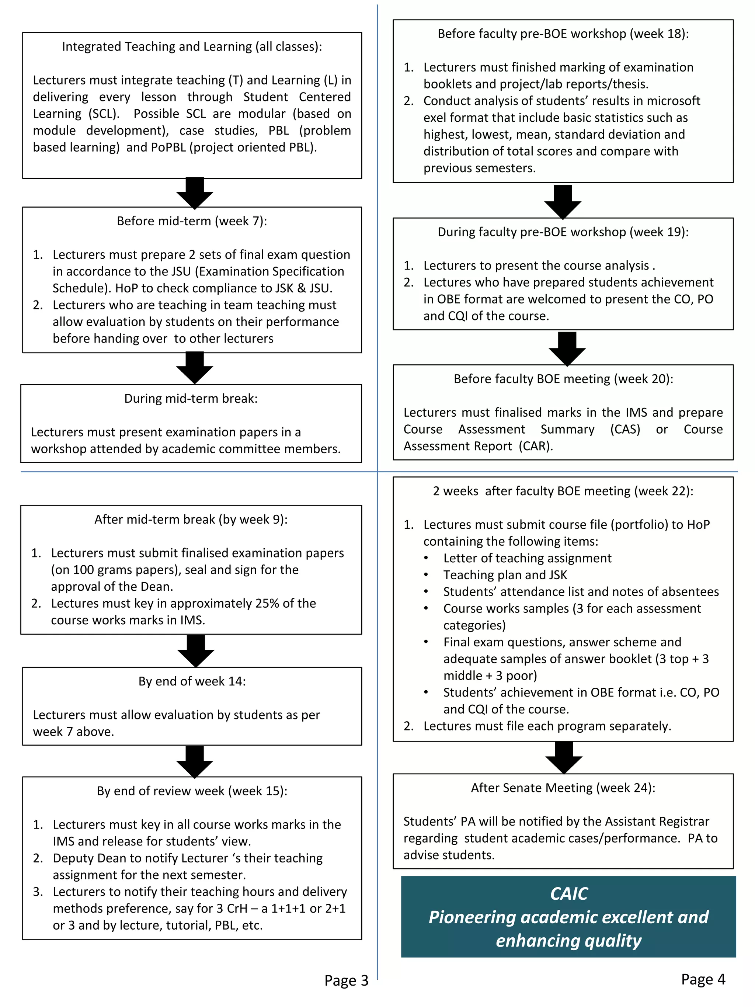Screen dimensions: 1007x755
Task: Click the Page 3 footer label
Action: [346, 980]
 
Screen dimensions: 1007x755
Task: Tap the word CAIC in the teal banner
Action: [568, 894]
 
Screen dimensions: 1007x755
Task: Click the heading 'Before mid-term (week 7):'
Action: [192, 221]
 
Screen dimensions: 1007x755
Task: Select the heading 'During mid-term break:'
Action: [191, 399]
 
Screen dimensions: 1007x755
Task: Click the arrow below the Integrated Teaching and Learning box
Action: [195, 193]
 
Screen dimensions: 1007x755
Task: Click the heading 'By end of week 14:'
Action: [192, 681]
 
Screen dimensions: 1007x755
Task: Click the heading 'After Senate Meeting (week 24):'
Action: [563, 788]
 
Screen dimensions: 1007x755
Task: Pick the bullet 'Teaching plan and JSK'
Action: [505, 575]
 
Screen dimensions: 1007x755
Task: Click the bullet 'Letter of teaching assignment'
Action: [527, 558]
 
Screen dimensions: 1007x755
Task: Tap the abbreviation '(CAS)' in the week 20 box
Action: [625, 429]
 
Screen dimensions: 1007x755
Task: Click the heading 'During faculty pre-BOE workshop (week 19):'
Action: [563, 232]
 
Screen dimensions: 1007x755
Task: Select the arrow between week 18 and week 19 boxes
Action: [563, 201]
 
